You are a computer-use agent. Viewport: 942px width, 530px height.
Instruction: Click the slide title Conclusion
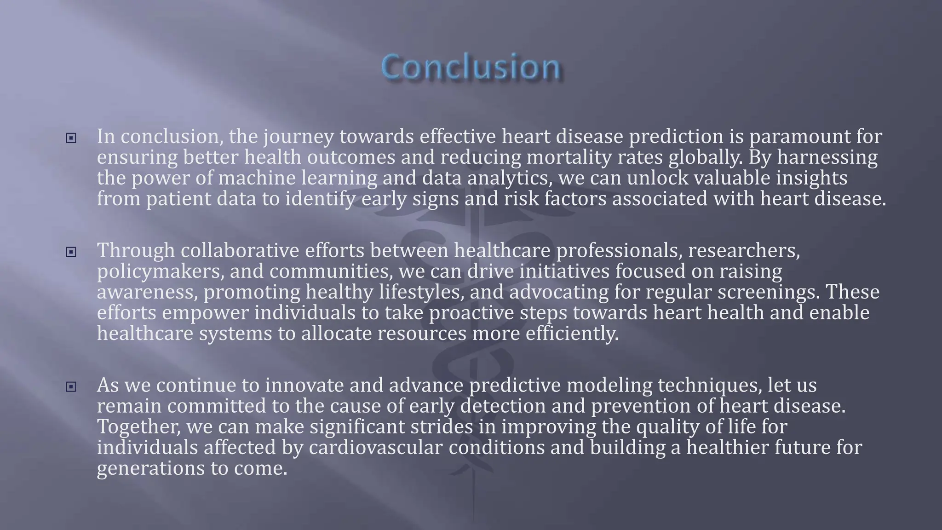click(x=471, y=67)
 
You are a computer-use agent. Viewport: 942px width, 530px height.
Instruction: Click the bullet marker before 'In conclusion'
click(x=71, y=138)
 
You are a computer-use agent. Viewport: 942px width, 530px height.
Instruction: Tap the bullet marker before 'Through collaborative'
click(x=71, y=252)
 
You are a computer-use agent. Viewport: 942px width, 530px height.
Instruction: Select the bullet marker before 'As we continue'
click(x=71, y=387)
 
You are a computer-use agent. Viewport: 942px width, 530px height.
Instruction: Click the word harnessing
click(x=827, y=158)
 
